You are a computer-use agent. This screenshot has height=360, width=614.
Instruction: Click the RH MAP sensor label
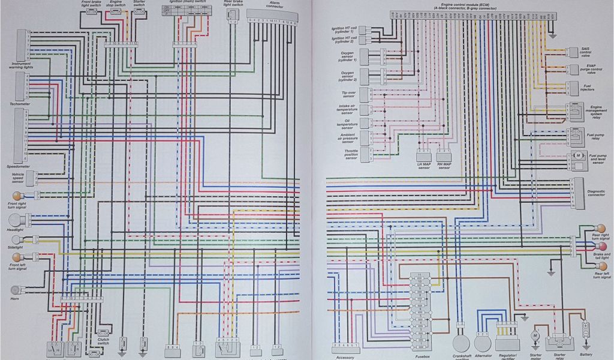444,166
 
